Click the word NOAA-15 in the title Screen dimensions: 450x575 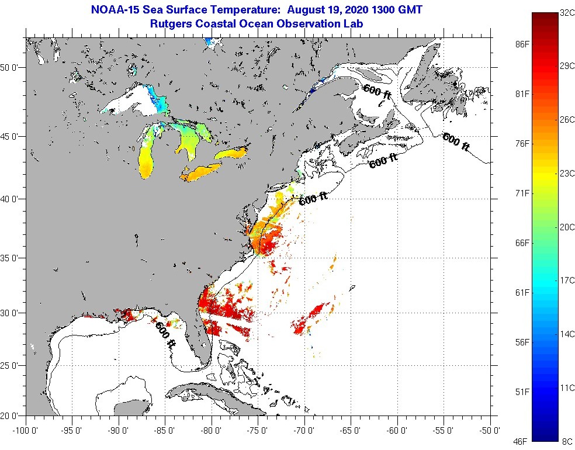point(115,10)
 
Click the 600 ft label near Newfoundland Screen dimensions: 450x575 point(456,142)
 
